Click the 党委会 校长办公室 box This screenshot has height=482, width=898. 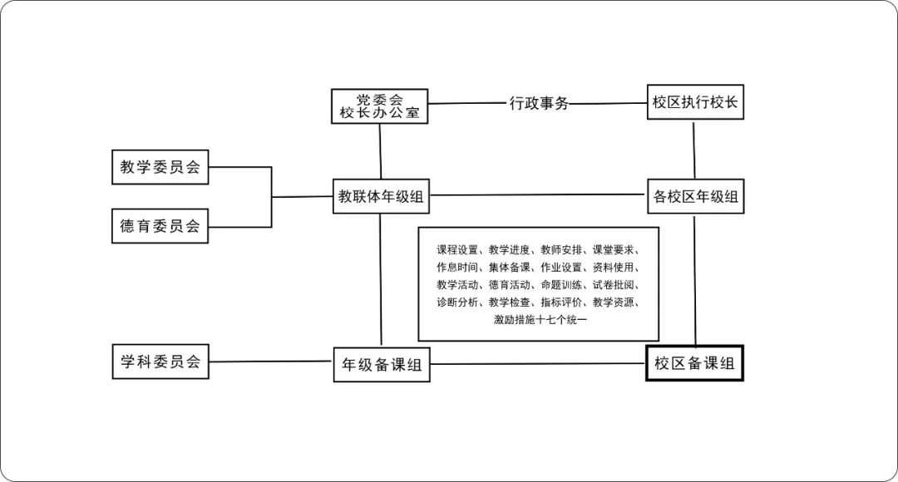click(379, 106)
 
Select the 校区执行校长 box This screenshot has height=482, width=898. click(695, 103)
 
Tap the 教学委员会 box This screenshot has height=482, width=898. click(160, 167)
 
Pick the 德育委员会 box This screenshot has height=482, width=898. click(160, 225)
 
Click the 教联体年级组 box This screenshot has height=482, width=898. click(380, 197)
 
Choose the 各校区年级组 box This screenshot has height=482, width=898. click(695, 197)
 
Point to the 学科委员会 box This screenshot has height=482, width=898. click(160, 361)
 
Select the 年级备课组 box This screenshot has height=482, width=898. click(382, 365)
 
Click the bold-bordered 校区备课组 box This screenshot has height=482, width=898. click(694, 363)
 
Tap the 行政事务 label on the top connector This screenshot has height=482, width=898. click(539, 104)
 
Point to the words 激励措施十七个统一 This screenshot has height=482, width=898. click(540, 320)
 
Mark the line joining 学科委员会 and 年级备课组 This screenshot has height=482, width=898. click(270, 361)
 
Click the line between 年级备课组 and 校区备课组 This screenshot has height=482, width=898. click(538, 364)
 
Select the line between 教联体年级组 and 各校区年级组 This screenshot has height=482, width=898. click(538, 195)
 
